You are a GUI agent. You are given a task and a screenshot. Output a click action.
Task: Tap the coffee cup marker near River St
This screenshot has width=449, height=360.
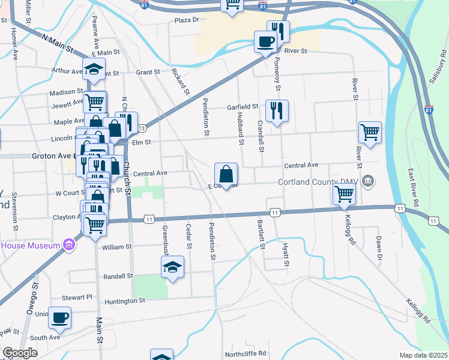(265, 43)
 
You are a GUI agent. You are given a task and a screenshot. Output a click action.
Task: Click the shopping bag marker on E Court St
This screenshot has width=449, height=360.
(226, 175)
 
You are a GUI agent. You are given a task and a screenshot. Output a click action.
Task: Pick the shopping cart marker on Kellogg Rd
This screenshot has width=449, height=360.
(345, 194)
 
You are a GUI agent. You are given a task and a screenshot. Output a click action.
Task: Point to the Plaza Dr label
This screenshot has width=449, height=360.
(186, 20)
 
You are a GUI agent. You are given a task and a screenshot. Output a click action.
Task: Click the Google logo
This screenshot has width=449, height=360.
(20, 353)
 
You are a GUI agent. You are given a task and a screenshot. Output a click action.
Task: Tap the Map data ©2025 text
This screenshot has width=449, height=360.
(423, 355)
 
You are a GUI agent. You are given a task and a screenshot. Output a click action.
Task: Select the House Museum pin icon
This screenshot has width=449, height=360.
(70, 245)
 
